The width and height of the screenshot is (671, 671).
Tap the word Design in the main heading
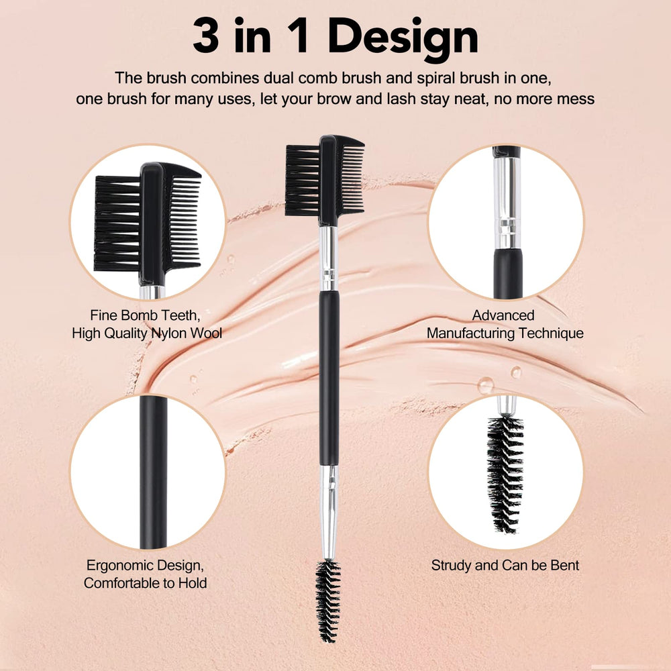(x=405, y=36)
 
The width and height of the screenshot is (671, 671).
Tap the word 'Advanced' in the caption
(x=503, y=315)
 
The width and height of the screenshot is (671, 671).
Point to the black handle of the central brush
(x=329, y=376)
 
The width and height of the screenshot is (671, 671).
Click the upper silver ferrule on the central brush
(x=328, y=258)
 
